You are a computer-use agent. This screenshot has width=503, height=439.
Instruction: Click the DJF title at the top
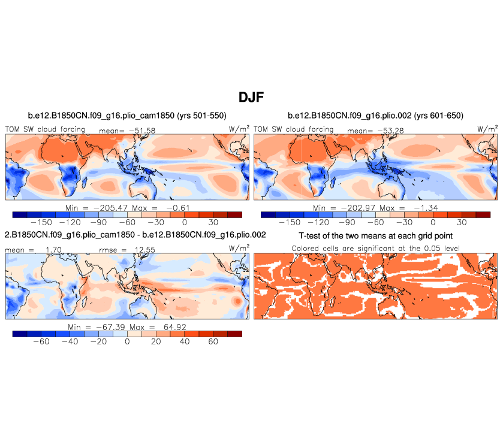point(251,96)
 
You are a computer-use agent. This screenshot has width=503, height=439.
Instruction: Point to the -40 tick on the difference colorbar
point(70,341)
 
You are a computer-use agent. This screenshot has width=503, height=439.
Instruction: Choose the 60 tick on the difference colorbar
point(213,341)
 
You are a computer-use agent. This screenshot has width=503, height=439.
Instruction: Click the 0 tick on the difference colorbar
point(127,341)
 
